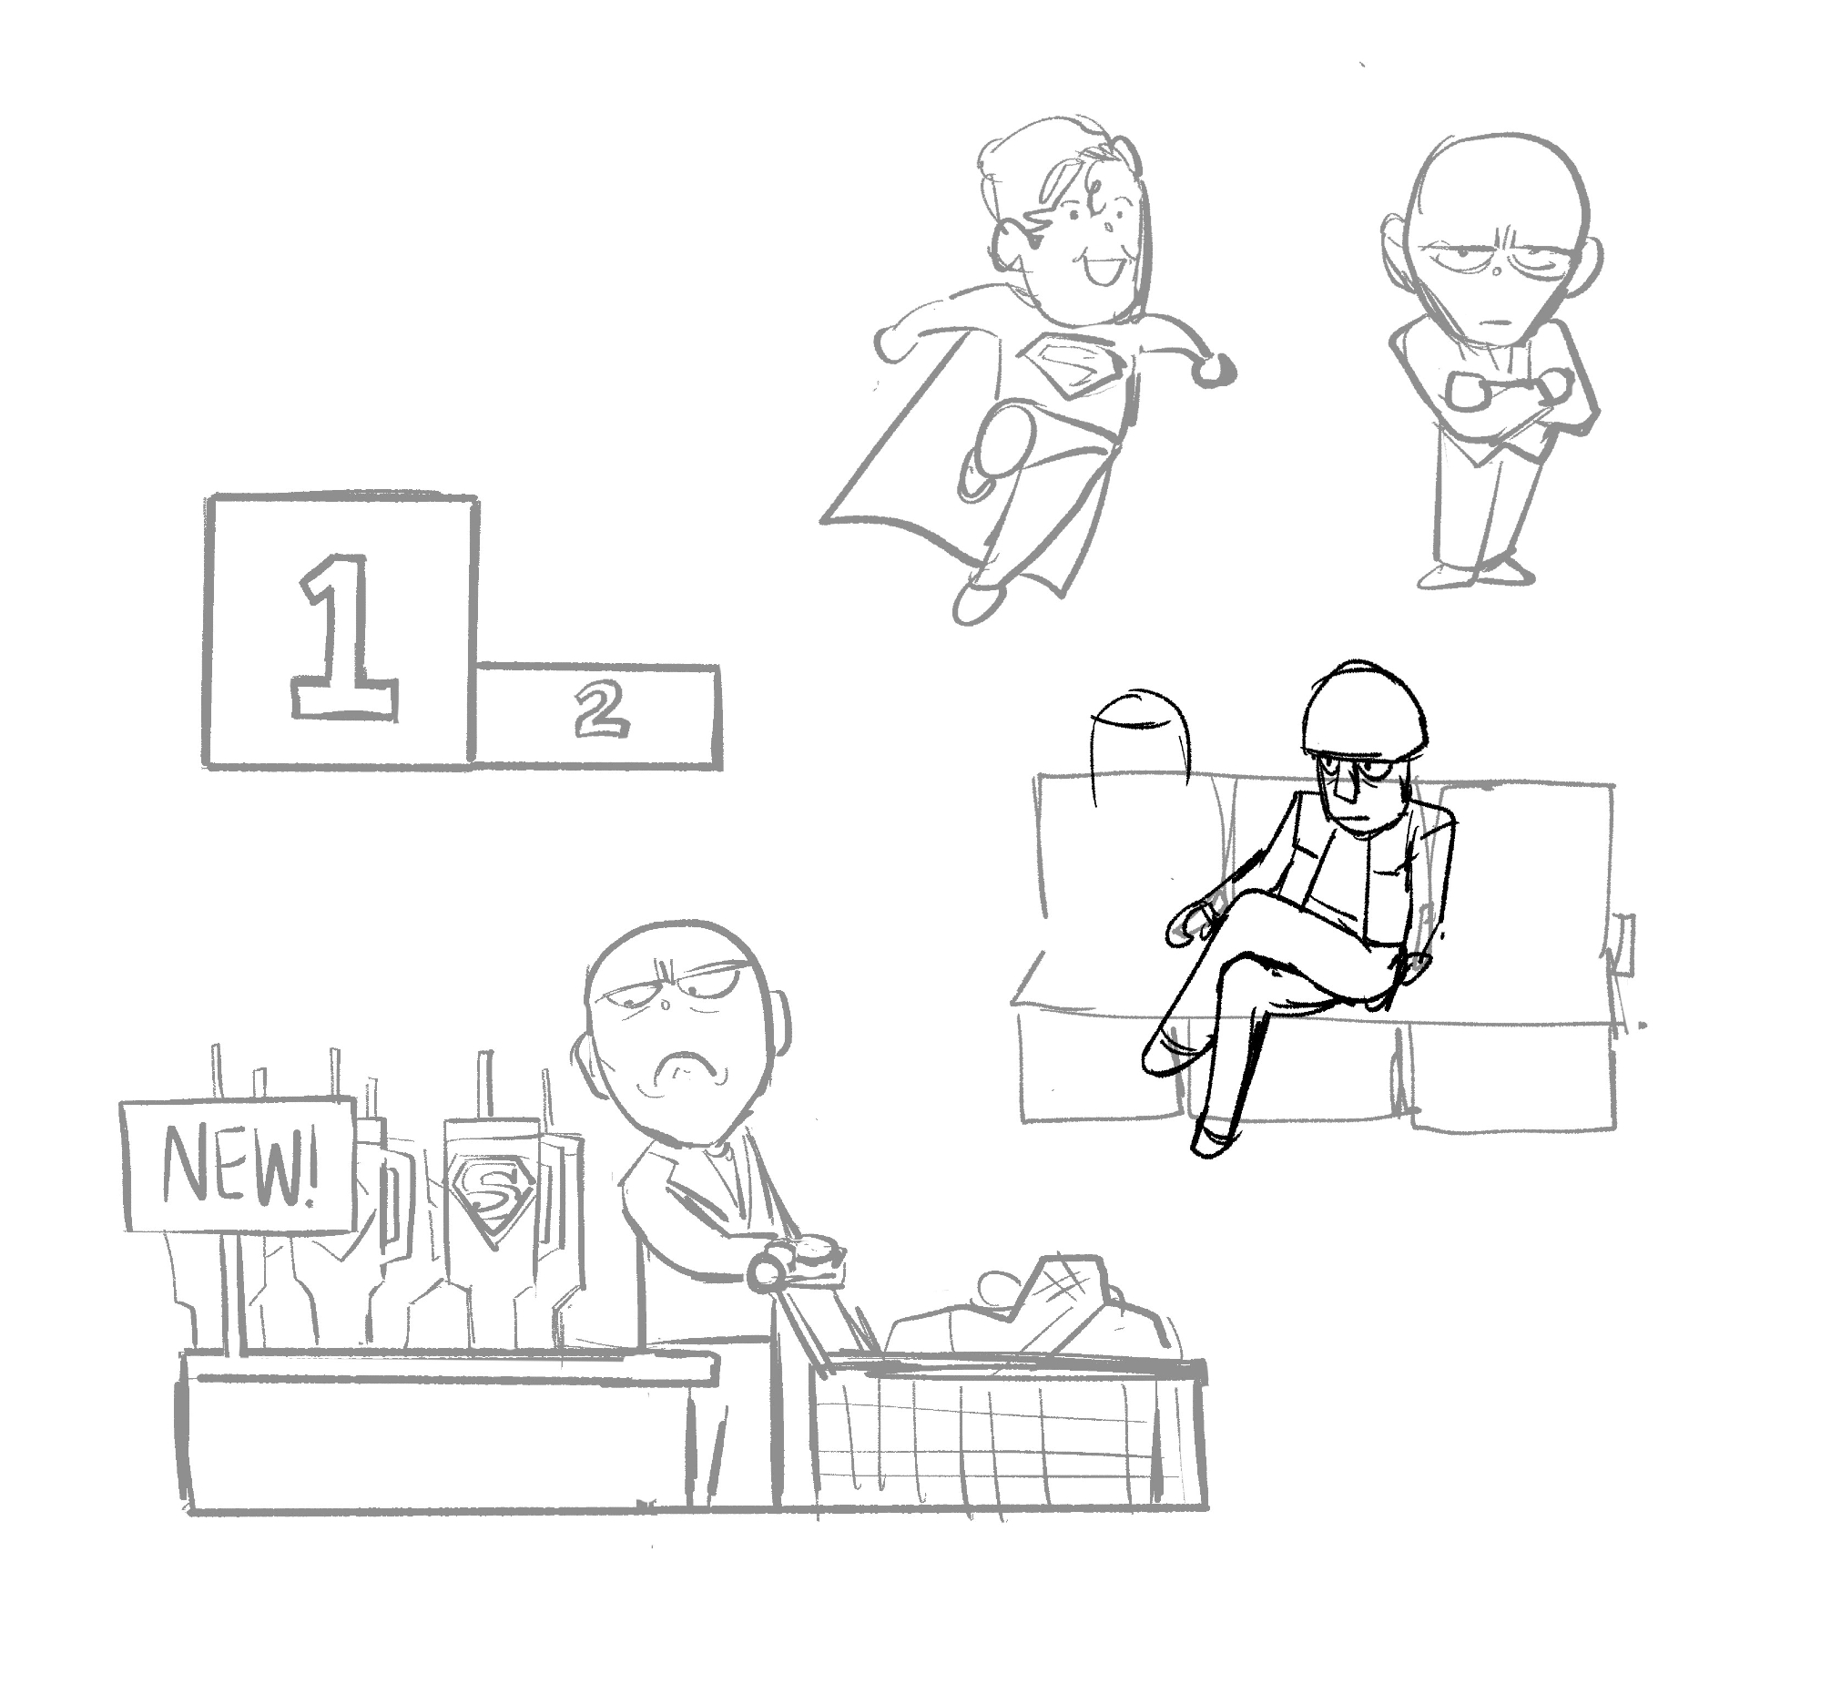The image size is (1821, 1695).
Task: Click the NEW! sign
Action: tap(239, 1165)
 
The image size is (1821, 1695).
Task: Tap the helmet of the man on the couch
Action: tap(1366, 708)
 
